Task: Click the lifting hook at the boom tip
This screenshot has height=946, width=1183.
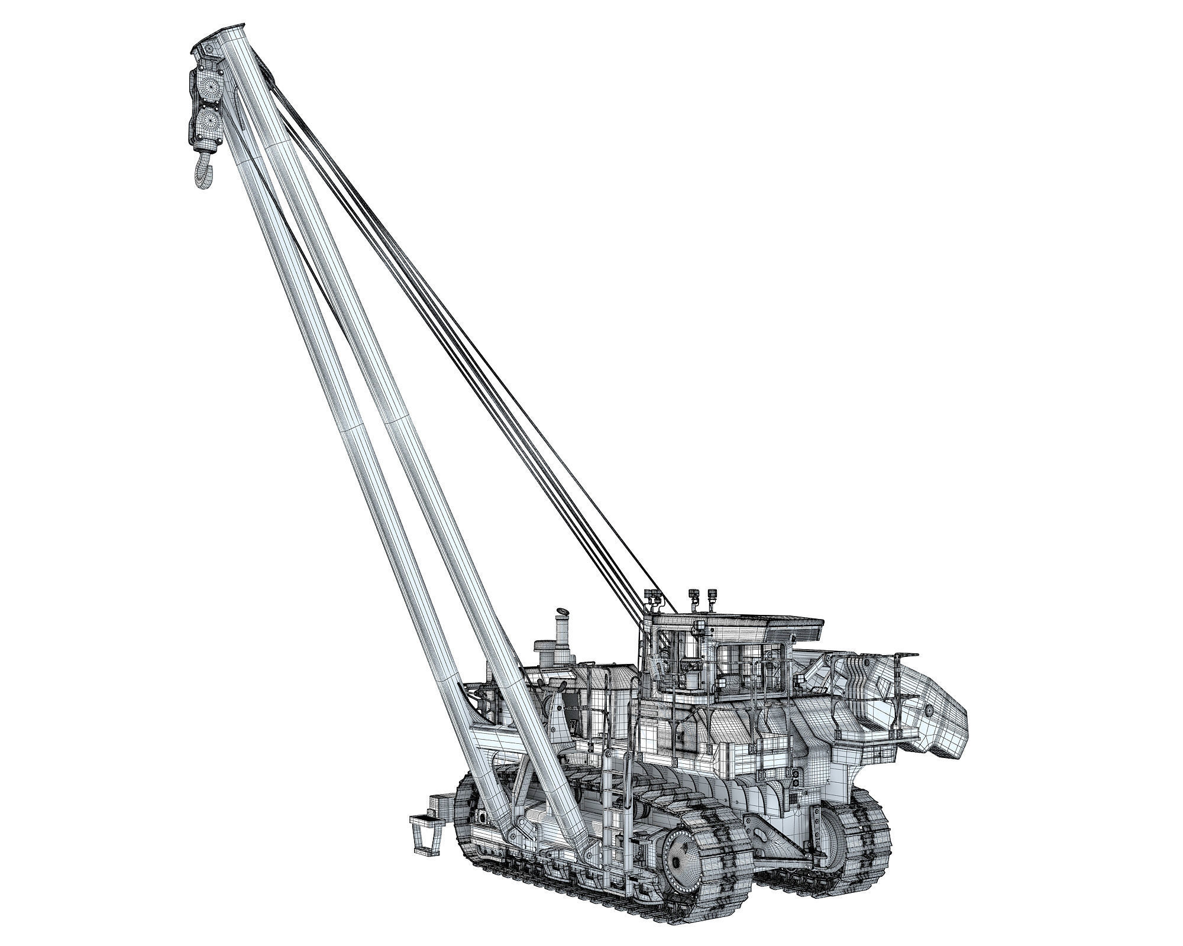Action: click(202, 171)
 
